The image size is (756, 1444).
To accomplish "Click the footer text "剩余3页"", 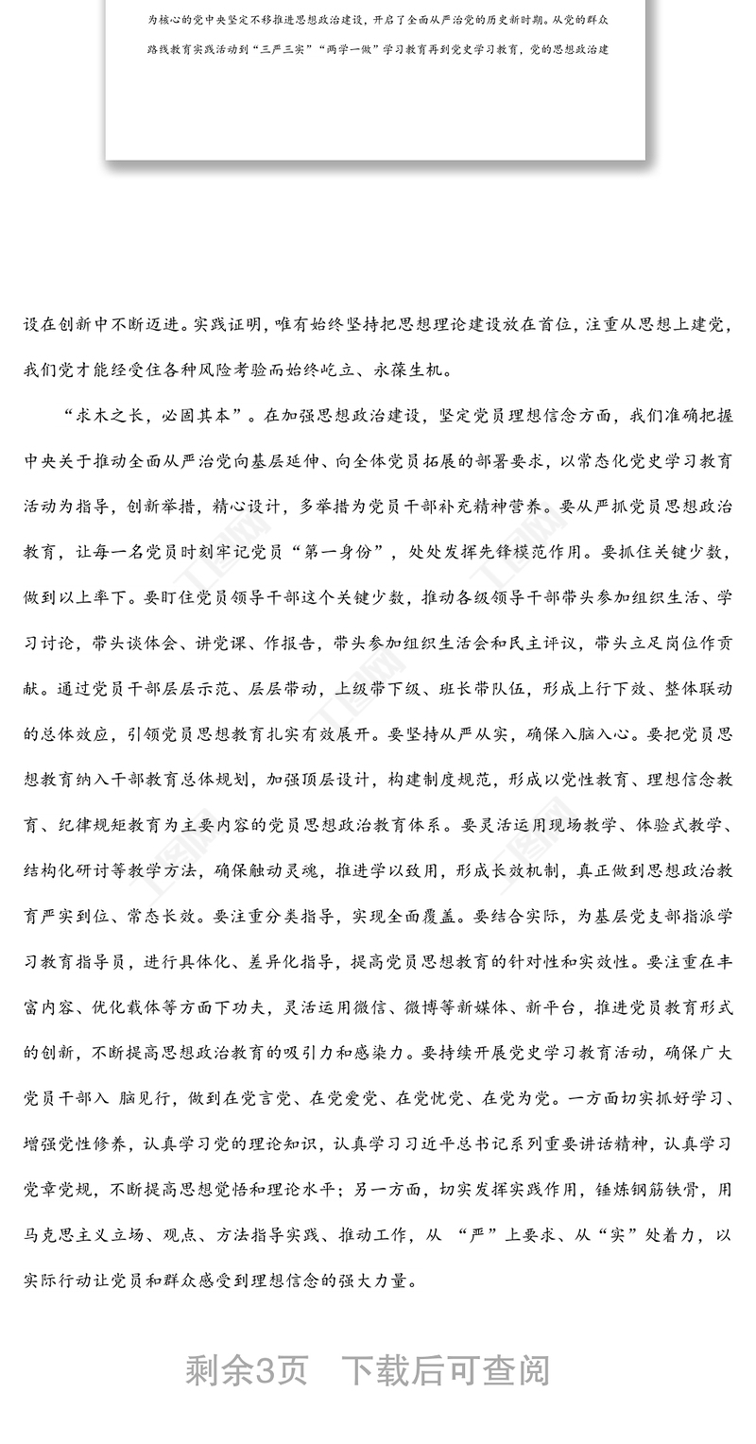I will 247,1369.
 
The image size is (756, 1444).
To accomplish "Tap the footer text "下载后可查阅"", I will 445,1369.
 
